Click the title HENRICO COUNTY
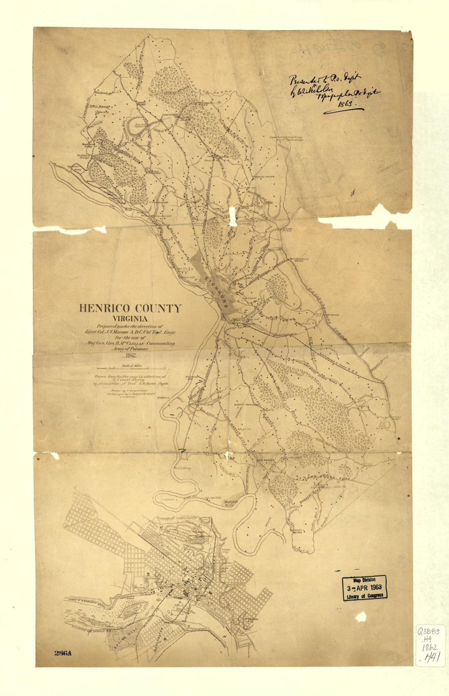(x=129, y=309)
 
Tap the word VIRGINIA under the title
(x=130, y=319)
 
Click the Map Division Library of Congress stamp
(x=364, y=588)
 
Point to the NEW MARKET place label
(x=265, y=460)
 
